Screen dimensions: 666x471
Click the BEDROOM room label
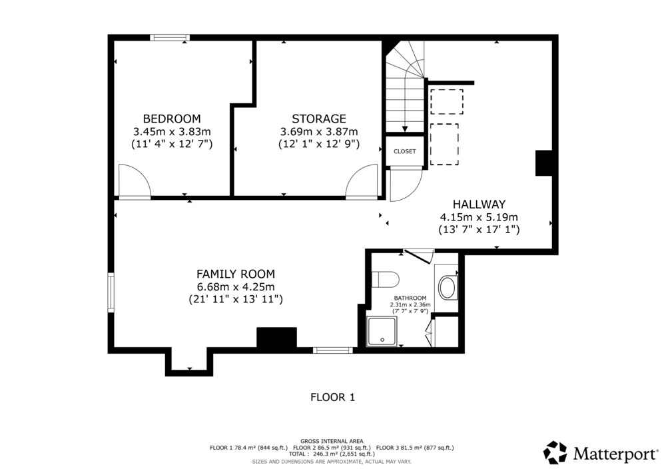click(172, 119)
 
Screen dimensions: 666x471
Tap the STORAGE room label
click(319, 119)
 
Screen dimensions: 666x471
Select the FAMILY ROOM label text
click(236, 274)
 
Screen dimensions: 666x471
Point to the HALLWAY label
click(479, 205)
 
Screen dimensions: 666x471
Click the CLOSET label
click(405, 152)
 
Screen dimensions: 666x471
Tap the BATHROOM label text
click(410, 298)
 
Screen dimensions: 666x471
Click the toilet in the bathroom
click(385, 280)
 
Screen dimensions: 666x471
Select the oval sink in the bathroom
click(448, 288)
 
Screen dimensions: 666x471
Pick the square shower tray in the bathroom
click(382, 331)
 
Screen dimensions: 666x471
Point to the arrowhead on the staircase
click(405, 129)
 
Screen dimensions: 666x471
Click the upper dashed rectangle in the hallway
click(447, 101)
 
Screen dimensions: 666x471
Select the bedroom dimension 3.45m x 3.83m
click(172, 131)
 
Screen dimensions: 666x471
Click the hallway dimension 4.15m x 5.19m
click(479, 217)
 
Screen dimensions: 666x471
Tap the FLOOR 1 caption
click(332, 398)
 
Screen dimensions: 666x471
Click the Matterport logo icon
click(555, 453)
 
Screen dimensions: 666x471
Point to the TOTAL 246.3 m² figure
click(332, 454)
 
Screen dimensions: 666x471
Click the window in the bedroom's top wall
click(170, 38)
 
